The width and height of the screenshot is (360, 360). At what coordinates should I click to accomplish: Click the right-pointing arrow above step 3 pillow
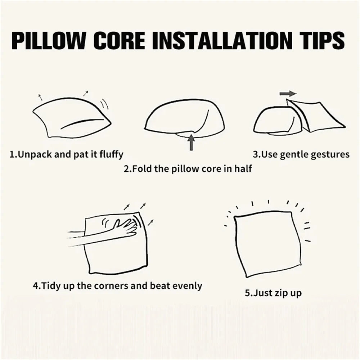click(288, 94)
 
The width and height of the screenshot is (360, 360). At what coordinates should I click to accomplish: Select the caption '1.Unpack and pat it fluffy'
click(66, 154)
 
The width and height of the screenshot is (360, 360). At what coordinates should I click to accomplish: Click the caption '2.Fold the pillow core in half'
click(188, 168)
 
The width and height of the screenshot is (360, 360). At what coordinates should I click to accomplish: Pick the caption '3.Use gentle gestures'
click(301, 154)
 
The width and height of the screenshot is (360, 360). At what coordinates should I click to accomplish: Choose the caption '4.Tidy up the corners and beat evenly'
click(117, 286)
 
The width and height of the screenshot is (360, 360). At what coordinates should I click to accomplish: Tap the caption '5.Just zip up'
click(273, 293)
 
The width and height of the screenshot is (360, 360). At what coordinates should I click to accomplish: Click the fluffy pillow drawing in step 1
click(70, 117)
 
